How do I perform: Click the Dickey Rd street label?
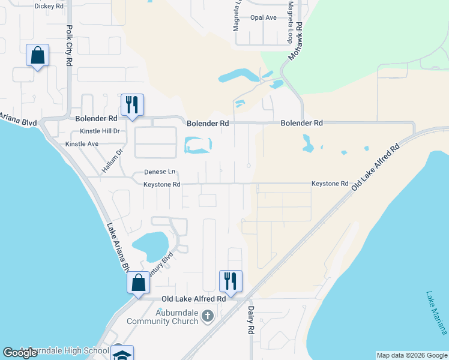pos(49,6)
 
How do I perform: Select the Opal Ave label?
pos(264,17)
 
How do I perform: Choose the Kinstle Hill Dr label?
pos(100,131)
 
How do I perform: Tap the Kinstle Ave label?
pos(82,145)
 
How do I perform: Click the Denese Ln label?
pos(159,172)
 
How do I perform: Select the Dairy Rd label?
pos(252,321)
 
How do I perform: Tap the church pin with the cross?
pos(207,316)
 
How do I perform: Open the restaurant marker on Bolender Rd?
pos(131,104)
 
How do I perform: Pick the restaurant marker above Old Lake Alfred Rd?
pos(231,280)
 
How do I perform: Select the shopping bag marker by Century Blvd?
pos(138,283)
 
